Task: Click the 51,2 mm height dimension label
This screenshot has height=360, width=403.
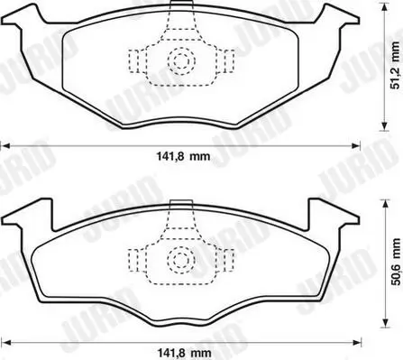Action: (396, 66)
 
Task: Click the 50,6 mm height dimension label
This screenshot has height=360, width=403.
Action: (396, 263)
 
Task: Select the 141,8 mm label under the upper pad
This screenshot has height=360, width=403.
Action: (183, 156)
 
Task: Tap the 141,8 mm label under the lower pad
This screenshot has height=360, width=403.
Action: (184, 352)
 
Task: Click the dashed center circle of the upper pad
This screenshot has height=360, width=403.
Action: (181, 61)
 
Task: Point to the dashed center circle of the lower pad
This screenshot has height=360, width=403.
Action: (181, 260)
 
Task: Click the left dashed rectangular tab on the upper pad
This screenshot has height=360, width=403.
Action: (133, 61)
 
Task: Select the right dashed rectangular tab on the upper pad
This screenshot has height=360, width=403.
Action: (229, 61)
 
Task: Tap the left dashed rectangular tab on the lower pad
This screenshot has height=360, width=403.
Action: (133, 260)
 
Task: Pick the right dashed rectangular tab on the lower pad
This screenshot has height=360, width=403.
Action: (229, 260)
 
